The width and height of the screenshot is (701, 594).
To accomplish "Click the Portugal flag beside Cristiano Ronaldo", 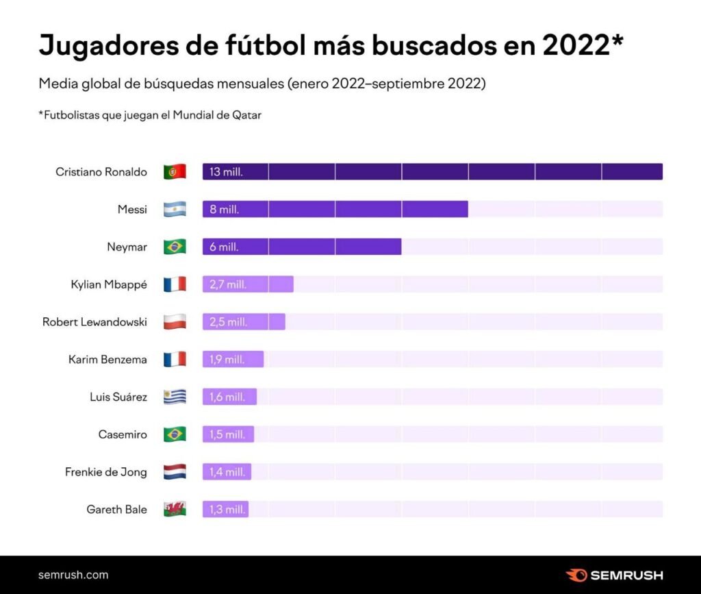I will [175, 172].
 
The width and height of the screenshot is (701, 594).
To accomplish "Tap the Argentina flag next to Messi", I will [175, 210].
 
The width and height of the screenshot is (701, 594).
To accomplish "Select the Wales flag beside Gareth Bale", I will [175, 509].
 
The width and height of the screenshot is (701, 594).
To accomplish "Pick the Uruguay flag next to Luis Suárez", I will [175, 397].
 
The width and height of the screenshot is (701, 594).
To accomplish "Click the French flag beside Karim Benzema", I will [175, 359].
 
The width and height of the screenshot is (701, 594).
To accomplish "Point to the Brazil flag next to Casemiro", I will [175, 434].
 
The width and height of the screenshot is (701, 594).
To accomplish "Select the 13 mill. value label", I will [226, 172].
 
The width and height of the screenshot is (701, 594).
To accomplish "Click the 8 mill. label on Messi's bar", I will [224, 210].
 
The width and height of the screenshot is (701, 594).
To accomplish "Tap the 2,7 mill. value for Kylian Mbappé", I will [228, 284].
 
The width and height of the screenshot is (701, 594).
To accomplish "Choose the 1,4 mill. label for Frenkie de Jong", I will [227, 471].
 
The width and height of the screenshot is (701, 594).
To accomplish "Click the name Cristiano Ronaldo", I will [101, 172].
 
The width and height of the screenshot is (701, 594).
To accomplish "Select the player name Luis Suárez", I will [118, 397].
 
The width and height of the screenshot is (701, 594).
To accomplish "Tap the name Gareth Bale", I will [116, 509].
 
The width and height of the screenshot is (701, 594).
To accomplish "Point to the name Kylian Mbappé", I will [109, 284].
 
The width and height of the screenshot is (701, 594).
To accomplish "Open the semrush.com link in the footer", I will [73, 575].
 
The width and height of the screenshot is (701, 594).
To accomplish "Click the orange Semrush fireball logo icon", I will [576, 575].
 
